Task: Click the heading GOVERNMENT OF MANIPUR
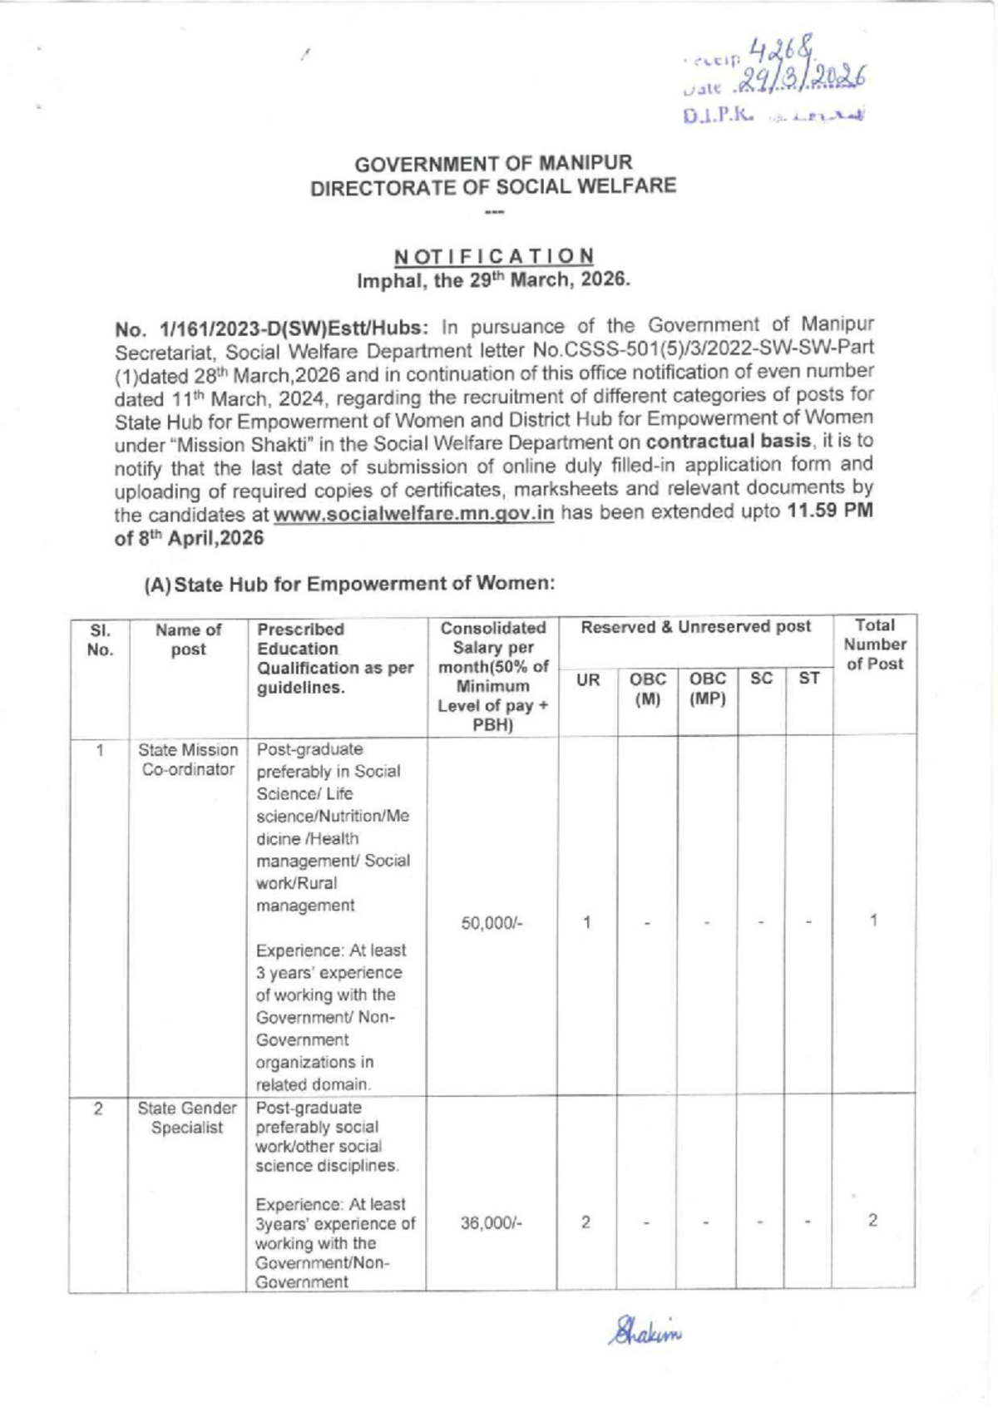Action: [493, 162]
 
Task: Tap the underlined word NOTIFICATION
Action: [494, 255]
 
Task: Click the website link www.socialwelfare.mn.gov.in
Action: [413, 513]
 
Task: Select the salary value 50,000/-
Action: [491, 923]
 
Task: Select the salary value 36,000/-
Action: [491, 1223]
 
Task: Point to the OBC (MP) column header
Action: [707, 689]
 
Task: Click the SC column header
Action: [761, 679]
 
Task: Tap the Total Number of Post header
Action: [874, 644]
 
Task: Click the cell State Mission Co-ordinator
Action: [188, 760]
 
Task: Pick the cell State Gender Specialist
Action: [187, 1118]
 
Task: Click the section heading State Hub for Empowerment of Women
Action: [349, 584]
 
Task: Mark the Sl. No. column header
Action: [100, 639]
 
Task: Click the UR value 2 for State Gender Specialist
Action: [585, 1222]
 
